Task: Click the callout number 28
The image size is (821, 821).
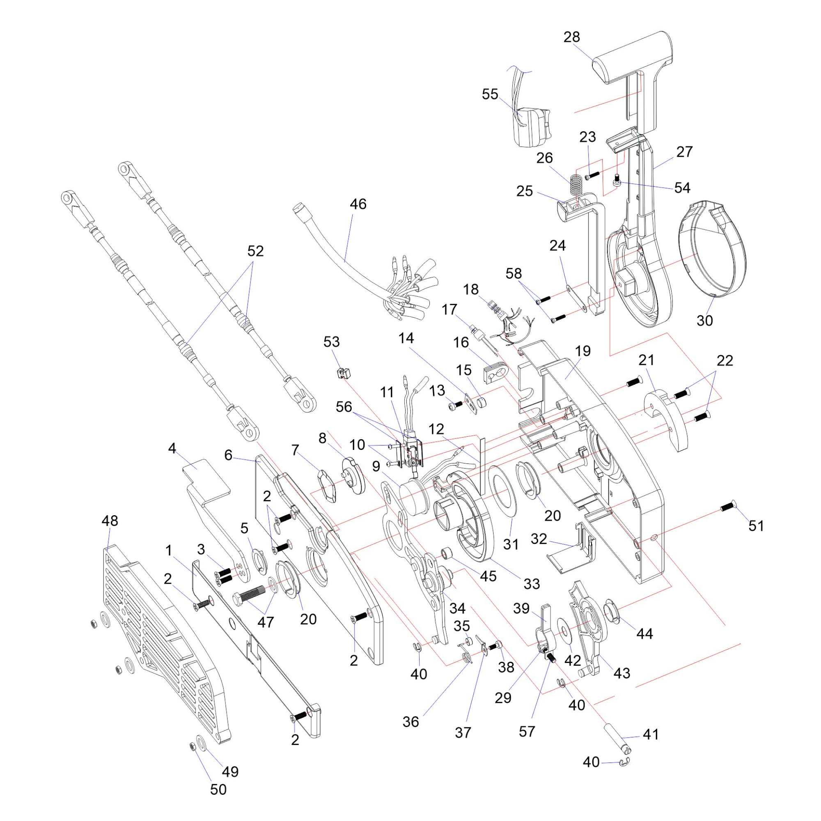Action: click(x=571, y=37)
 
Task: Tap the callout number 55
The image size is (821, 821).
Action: click(x=490, y=94)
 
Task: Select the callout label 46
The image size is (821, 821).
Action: click(x=358, y=204)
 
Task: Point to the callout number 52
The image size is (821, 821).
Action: click(x=255, y=251)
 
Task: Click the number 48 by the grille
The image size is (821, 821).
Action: click(x=110, y=521)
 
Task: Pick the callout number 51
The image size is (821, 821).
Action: click(x=756, y=526)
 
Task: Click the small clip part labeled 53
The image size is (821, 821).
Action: click(x=345, y=374)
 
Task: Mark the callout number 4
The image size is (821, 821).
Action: click(x=172, y=448)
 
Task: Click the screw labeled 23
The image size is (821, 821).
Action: click(x=592, y=174)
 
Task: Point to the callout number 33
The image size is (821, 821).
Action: click(x=532, y=583)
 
